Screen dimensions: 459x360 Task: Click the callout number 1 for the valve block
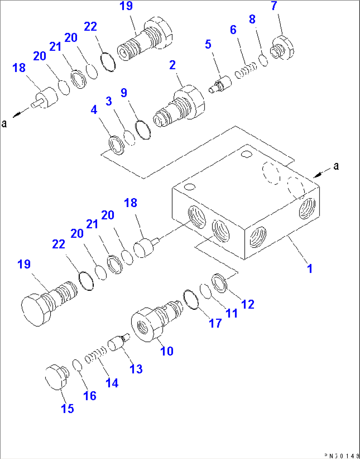(309, 268)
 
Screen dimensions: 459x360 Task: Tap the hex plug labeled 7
(283, 49)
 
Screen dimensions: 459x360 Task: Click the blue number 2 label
(172, 65)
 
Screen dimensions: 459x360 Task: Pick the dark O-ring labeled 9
(143, 130)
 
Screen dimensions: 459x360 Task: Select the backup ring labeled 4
(116, 145)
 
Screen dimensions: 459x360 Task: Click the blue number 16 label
(90, 396)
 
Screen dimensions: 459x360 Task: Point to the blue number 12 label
(248, 304)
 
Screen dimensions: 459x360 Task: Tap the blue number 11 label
(232, 313)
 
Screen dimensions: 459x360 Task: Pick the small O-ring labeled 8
(264, 61)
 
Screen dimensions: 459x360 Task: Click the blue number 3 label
(109, 101)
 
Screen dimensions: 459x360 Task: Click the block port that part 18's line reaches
(197, 217)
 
